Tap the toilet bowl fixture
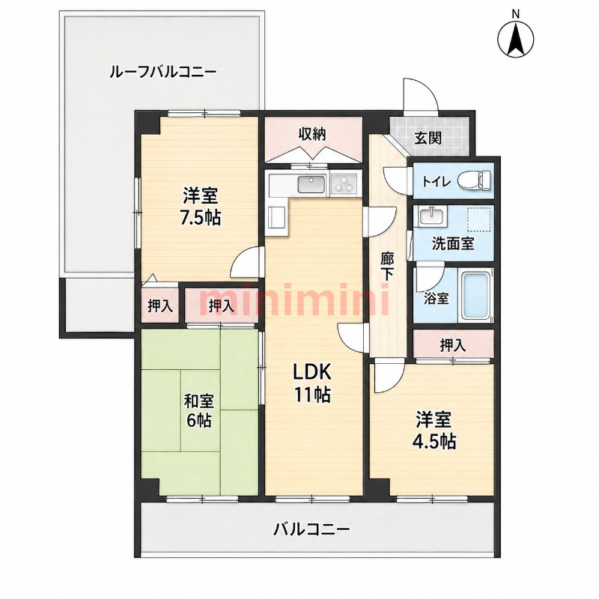(474, 180)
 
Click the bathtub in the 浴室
(476, 297)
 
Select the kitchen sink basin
(311, 185)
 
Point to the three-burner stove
(344, 184)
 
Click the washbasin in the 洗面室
(432, 217)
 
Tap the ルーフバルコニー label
(162, 71)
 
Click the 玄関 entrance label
(428, 139)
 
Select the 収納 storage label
(311, 134)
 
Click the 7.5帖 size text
(201, 218)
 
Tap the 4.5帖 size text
(434, 442)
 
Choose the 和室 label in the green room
(199, 401)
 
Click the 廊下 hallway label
(386, 267)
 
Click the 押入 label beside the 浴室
(453, 345)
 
